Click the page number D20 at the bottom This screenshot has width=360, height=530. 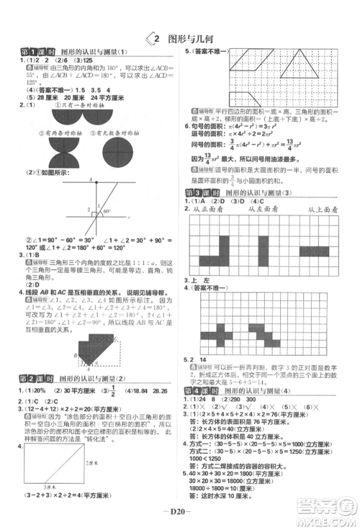pyautogui.click(x=180, y=513)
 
